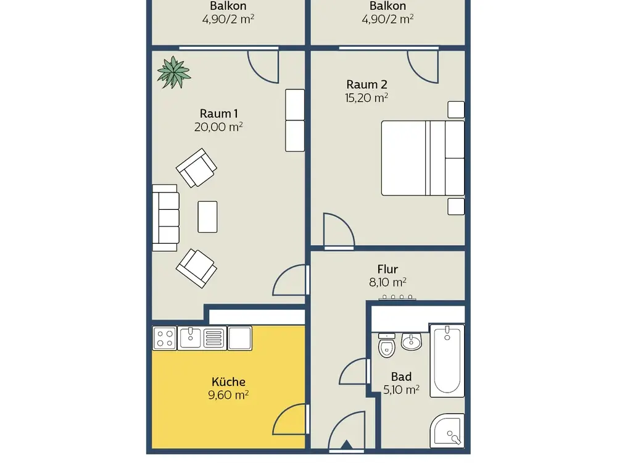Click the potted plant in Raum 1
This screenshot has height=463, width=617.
point(173,72)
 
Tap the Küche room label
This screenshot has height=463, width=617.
point(228,382)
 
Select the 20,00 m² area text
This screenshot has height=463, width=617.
point(218,127)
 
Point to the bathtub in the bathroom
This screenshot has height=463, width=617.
point(447,361)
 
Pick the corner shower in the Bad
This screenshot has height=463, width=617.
point(447,430)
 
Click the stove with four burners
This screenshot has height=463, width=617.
point(165,338)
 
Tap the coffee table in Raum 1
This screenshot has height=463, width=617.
point(207,217)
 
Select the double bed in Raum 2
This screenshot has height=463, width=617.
point(423,158)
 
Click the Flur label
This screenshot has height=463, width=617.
point(387,269)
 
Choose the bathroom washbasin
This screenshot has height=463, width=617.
point(411,341)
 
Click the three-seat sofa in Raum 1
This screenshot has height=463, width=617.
point(165,218)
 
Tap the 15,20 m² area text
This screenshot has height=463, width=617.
point(366,98)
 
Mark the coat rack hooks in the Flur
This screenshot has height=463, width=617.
point(397,298)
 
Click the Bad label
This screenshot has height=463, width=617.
point(402,377)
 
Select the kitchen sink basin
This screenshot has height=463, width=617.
point(191,338)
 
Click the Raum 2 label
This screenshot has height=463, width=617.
point(366,84)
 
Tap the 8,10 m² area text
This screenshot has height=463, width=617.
point(387,282)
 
